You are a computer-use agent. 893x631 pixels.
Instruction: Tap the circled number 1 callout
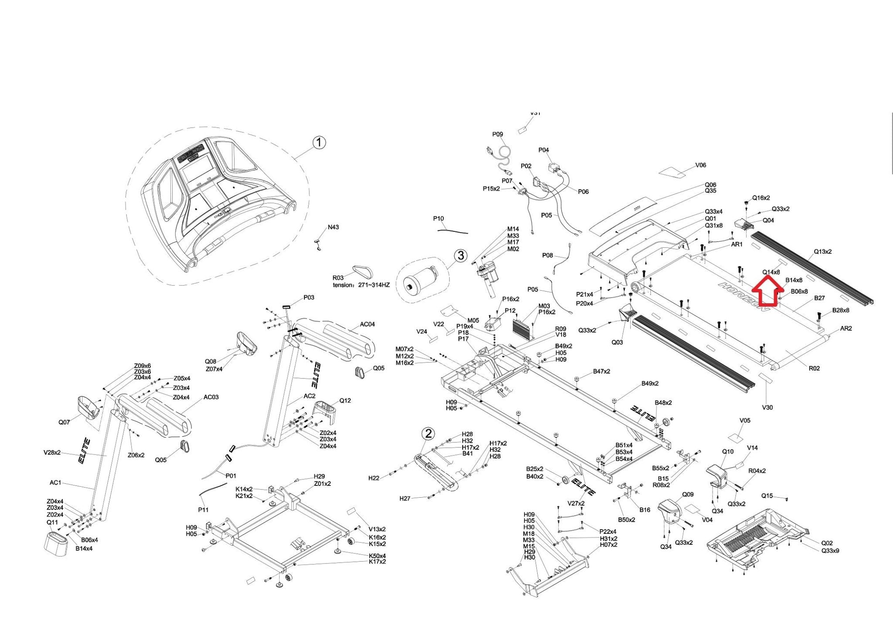click(320, 142)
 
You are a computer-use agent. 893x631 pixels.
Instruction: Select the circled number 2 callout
click(429, 433)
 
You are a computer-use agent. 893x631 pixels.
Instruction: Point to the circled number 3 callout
click(461, 256)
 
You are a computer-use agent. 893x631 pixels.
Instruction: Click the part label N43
click(333, 227)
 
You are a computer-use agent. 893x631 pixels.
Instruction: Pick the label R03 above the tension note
click(338, 278)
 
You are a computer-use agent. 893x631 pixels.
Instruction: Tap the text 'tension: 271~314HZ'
click(361, 285)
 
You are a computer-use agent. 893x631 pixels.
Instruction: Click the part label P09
click(498, 134)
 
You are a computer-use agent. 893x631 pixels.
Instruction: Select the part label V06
click(700, 165)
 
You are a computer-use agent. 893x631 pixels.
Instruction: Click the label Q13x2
click(822, 251)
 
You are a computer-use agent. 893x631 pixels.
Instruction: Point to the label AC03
click(211, 397)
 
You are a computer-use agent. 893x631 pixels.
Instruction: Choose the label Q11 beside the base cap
click(52, 522)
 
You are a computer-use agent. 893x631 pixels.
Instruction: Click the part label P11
click(203, 509)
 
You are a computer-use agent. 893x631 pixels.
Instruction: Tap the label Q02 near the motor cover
click(827, 543)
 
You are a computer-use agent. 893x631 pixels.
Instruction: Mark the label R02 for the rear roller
click(814, 368)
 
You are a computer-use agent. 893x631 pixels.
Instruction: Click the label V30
click(767, 407)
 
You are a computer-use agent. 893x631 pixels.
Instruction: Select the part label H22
click(374, 478)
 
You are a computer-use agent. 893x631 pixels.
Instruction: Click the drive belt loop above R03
click(363, 271)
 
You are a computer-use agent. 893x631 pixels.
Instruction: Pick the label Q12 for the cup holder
click(345, 400)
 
